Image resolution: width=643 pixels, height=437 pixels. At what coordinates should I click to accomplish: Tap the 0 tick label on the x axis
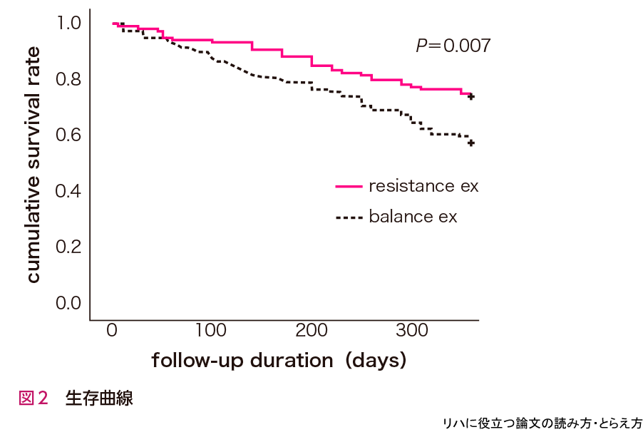112,330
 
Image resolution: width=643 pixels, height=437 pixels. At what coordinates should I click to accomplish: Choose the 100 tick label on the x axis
212,330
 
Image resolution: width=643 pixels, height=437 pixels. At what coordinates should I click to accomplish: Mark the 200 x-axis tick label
312,330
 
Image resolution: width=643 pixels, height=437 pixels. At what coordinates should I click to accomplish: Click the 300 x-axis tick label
411,330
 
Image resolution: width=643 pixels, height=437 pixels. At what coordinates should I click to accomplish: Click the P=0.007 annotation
453,46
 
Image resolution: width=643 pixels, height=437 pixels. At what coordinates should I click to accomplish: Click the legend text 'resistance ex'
423,186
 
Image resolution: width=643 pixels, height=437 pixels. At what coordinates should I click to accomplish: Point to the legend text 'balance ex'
413,216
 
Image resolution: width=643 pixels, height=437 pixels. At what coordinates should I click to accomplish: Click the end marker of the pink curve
471,96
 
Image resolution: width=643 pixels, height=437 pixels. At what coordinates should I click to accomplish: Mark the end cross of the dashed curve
471,143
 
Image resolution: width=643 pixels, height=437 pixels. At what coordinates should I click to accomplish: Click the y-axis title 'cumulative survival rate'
33,164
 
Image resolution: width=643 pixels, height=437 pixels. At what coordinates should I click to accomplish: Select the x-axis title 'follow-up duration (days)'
279,361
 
